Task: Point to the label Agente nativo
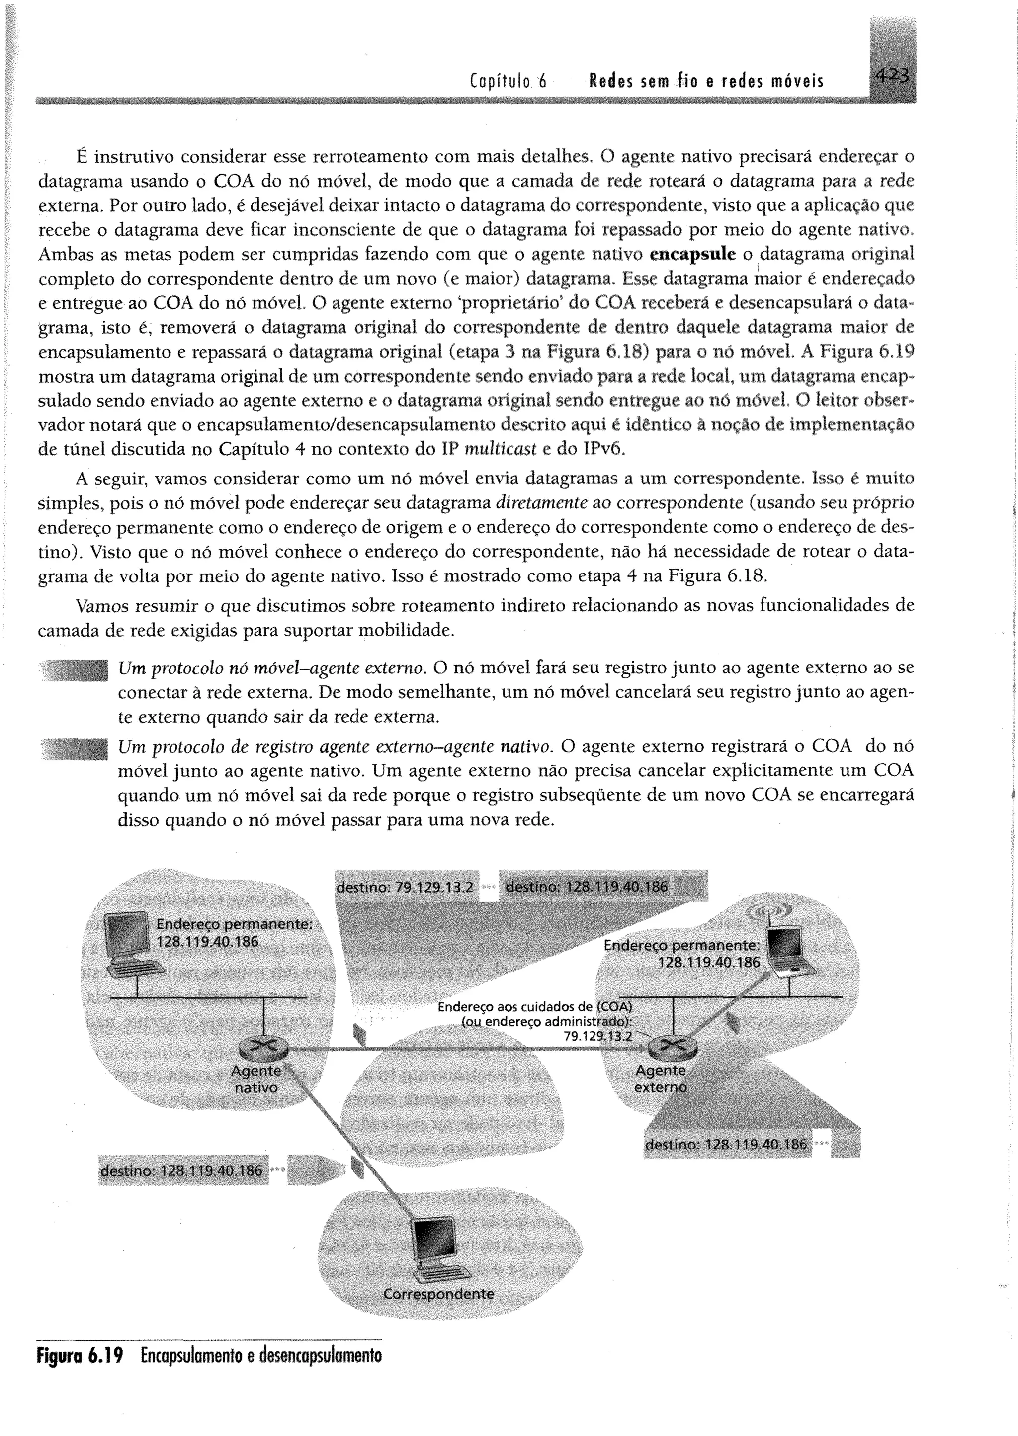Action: [x=256, y=1080]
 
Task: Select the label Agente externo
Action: [x=660, y=1079]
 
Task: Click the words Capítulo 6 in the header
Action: [x=507, y=82]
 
